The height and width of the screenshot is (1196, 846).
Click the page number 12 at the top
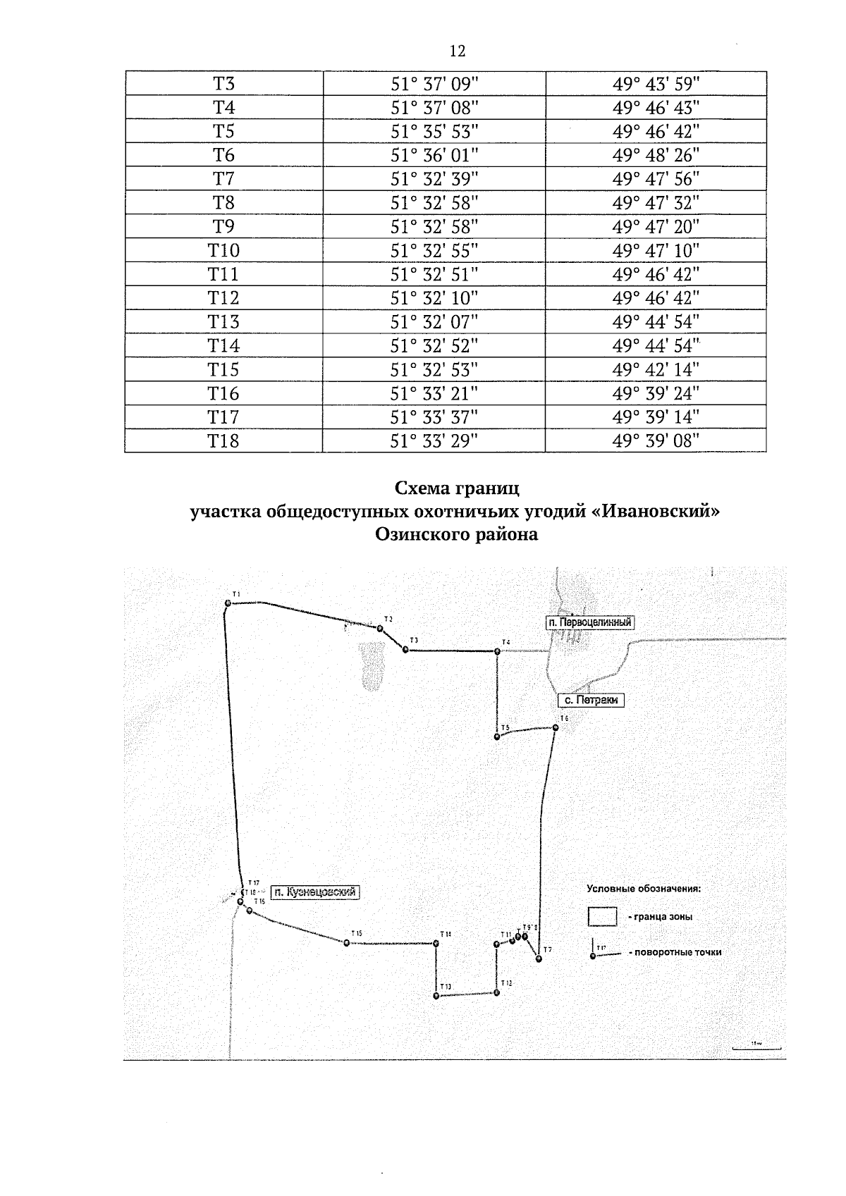(457, 51)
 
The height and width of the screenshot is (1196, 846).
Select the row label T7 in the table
(223, 179)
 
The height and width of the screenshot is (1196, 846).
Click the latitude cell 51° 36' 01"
(434, 155)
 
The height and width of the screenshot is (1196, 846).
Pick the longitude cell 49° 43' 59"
(656, 84)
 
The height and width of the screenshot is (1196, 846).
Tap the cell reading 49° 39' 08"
(656, 441)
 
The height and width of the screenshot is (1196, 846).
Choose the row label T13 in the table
(223, 322)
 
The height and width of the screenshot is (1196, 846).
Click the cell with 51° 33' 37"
(434, 417)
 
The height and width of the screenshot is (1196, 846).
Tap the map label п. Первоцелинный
(590, 622)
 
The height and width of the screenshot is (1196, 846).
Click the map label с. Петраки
(591, 701)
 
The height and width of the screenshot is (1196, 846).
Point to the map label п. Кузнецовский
(314, 892)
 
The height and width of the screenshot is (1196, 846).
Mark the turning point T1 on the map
(228, 603)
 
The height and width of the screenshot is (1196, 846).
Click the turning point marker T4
(497, 651)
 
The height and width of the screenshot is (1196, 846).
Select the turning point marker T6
(556, 728)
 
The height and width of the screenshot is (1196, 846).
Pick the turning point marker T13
(436, 996)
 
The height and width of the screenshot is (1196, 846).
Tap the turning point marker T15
(346, 942)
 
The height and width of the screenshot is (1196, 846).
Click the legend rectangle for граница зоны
(603, 917)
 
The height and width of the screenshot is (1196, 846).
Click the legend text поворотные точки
(678, 952)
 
